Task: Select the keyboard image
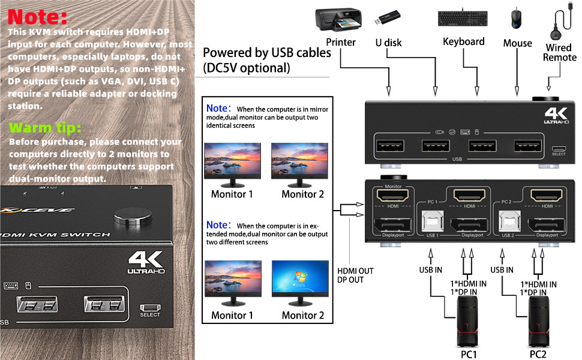point(463,20)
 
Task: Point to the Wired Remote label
point(559,53)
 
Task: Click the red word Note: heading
point(38,16)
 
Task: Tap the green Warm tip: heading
point(46,128)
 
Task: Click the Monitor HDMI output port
point(392,194)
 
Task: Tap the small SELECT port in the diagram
point(559,149)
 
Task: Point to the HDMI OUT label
point(355,271)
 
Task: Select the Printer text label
point(341,42)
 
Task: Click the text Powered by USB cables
point(267,53)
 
